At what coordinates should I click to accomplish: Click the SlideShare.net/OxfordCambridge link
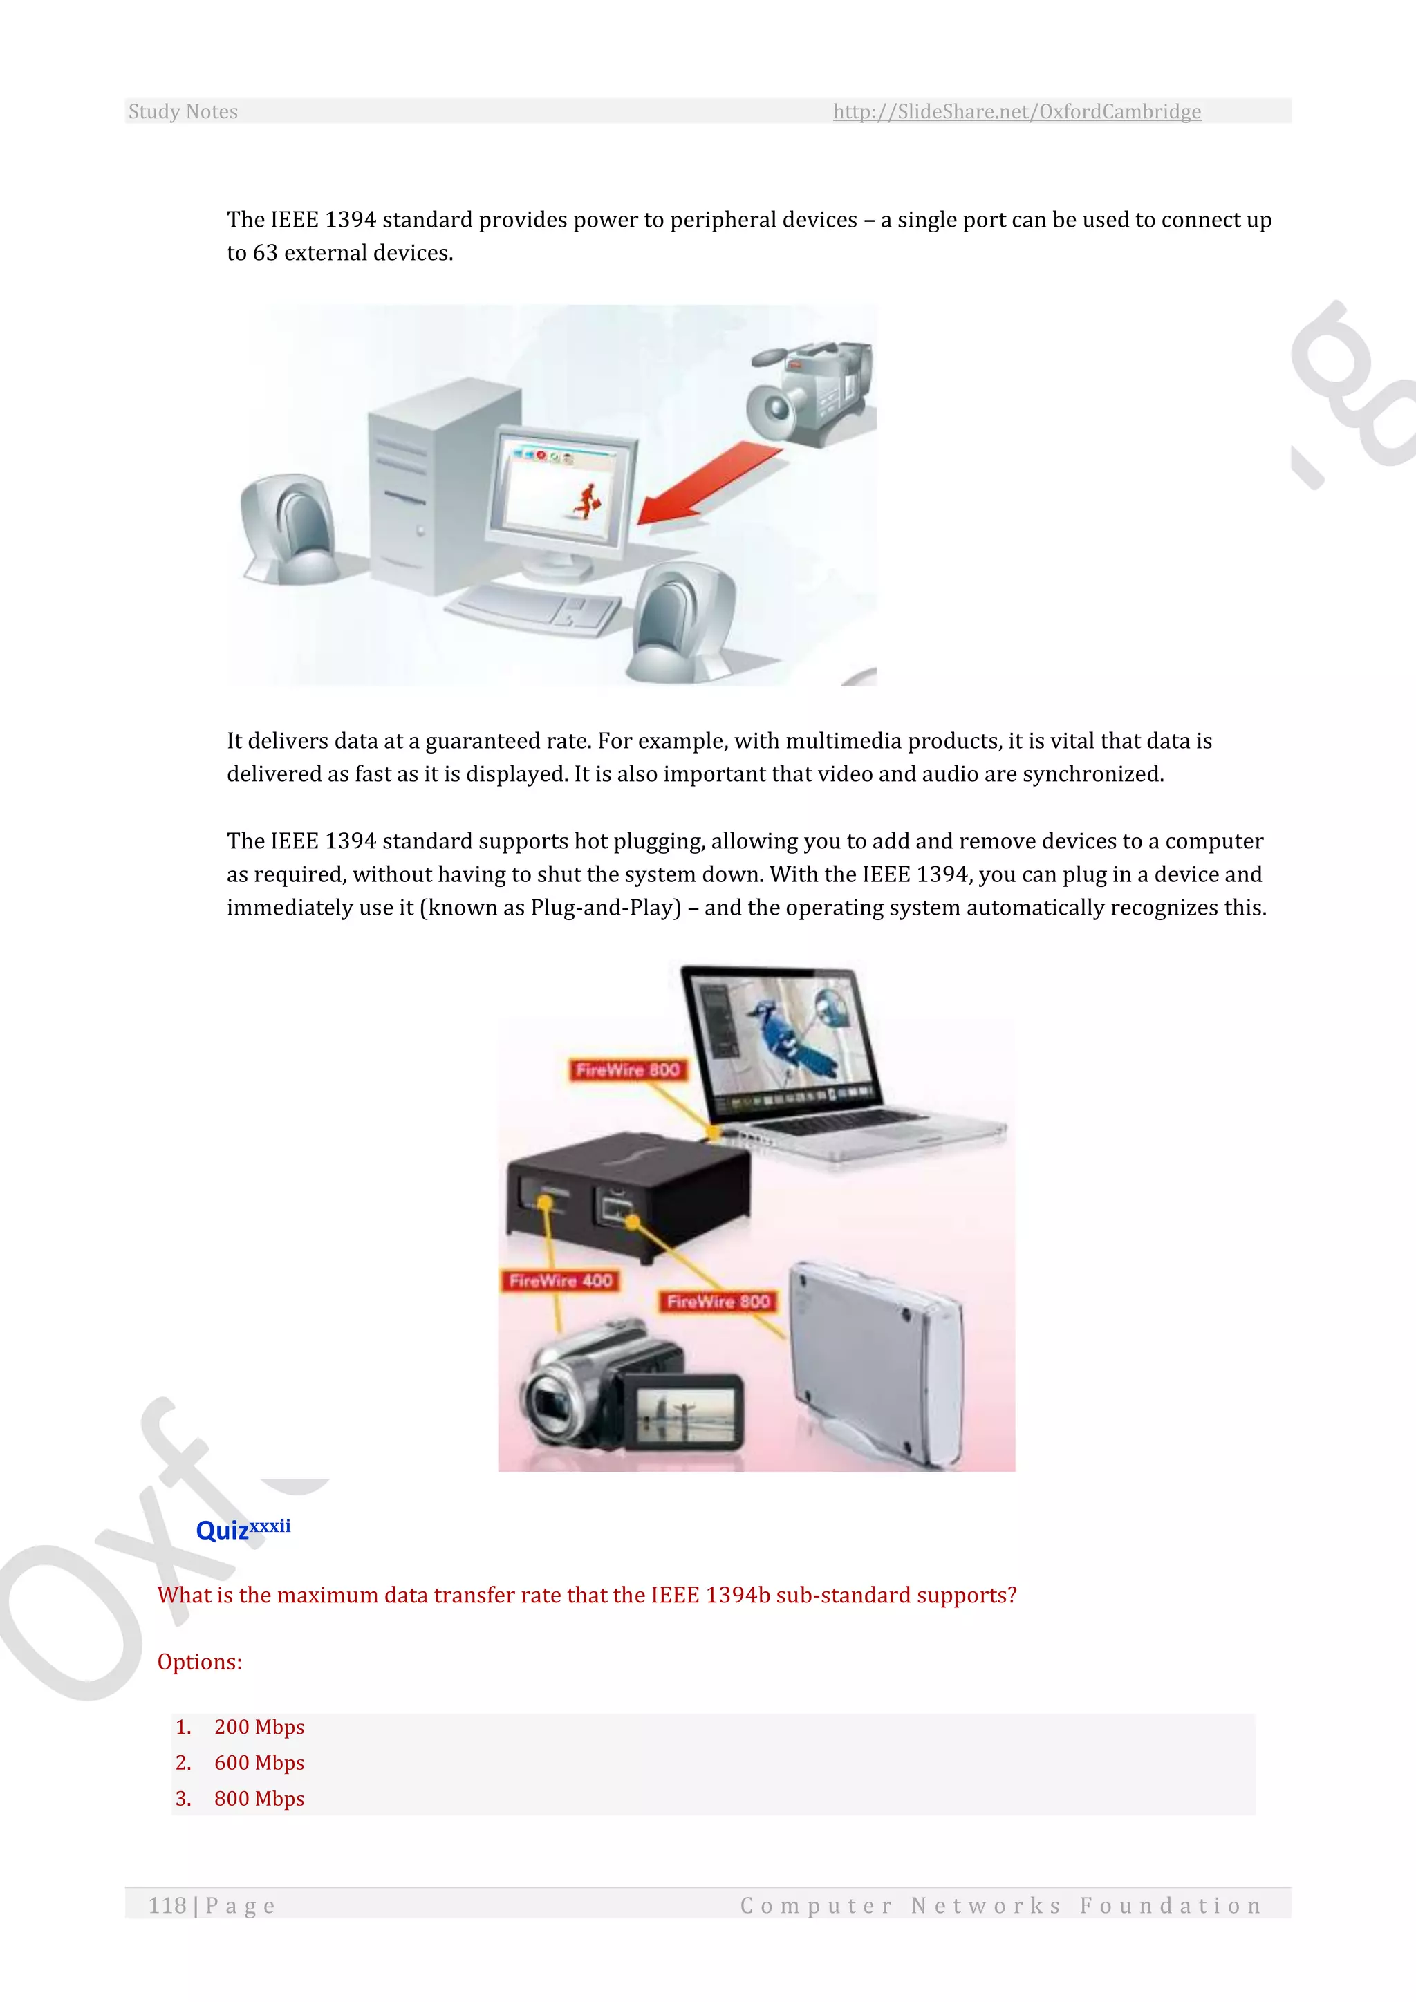tap(1016, 111)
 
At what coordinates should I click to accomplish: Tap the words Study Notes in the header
tap(183, 111)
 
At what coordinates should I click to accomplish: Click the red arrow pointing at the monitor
tap(706, 484)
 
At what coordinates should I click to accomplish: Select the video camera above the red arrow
tap(811, 393)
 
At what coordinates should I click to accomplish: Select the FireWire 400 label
tap(561, 1280)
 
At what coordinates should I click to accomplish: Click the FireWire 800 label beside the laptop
tap(628, 1070)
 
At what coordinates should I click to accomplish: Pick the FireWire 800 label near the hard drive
tap(718, 1301)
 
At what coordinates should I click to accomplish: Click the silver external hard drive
tap(876, 1365)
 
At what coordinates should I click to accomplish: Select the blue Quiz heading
tap(223, 1531)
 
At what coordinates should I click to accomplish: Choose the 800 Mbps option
tap(259, 1799)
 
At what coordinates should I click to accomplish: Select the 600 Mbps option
tap(259, 1763)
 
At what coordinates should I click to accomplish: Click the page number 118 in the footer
tap(167, 1906)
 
